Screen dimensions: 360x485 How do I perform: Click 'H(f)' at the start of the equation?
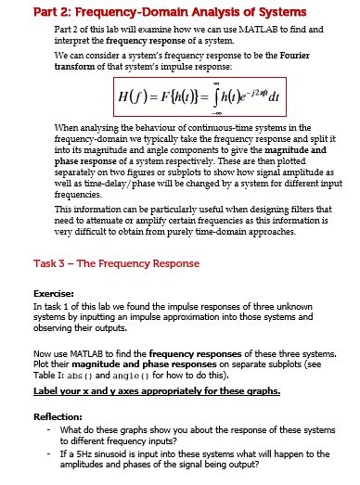128,98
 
